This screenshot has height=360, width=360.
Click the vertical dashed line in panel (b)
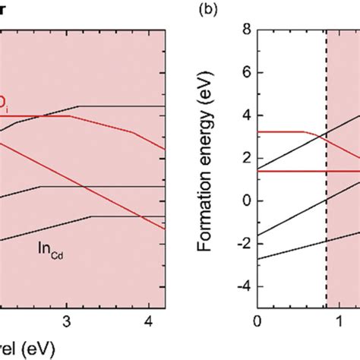tap(327, 228)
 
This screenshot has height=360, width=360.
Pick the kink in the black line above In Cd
tap(91, 216)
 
